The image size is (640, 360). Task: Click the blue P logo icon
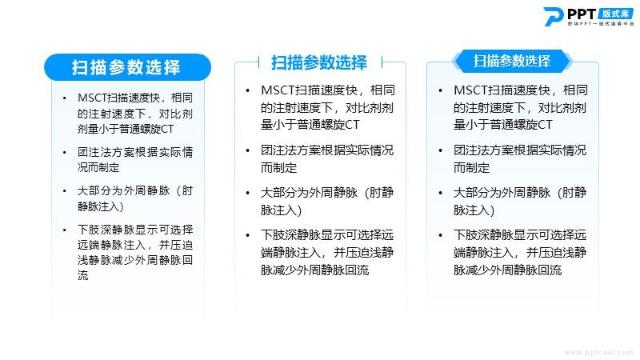click(554, 17)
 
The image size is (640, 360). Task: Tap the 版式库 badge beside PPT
click(616, 14)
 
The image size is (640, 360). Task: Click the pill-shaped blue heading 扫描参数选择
click(127, 67)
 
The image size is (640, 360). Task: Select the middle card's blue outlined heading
click(319, 62)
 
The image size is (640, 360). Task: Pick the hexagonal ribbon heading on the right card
click(512, 62)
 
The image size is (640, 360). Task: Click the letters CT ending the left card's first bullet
click(167, 129)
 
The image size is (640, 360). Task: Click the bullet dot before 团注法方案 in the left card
click(65, 153)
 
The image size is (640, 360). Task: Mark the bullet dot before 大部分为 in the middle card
click(247, 193)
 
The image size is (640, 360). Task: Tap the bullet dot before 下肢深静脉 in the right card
click(440, 235)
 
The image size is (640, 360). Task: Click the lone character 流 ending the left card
click(83, 275)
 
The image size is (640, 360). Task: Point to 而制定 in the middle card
click(278, 168)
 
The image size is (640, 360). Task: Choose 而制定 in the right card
click(471, 168)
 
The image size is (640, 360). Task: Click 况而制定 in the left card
click(98, 167)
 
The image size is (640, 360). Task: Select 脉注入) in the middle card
click(282, 210)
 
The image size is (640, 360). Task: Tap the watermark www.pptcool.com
click(599, 352)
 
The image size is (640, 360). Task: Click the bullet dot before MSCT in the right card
click(440, 90)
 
